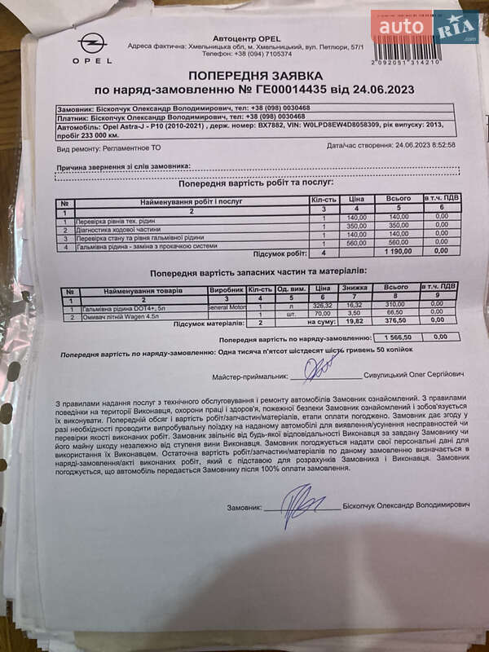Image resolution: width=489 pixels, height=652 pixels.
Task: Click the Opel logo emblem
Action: [x=92, y=44]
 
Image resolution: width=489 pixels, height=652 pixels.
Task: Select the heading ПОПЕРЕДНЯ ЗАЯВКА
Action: [x=256, y=76]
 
